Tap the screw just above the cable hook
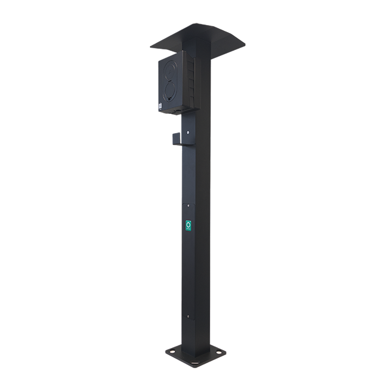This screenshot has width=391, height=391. [188, 131]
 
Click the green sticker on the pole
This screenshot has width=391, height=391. [188, 225]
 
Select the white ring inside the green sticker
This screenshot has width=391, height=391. [188, 224]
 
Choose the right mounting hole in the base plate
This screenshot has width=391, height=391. [219, 352]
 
